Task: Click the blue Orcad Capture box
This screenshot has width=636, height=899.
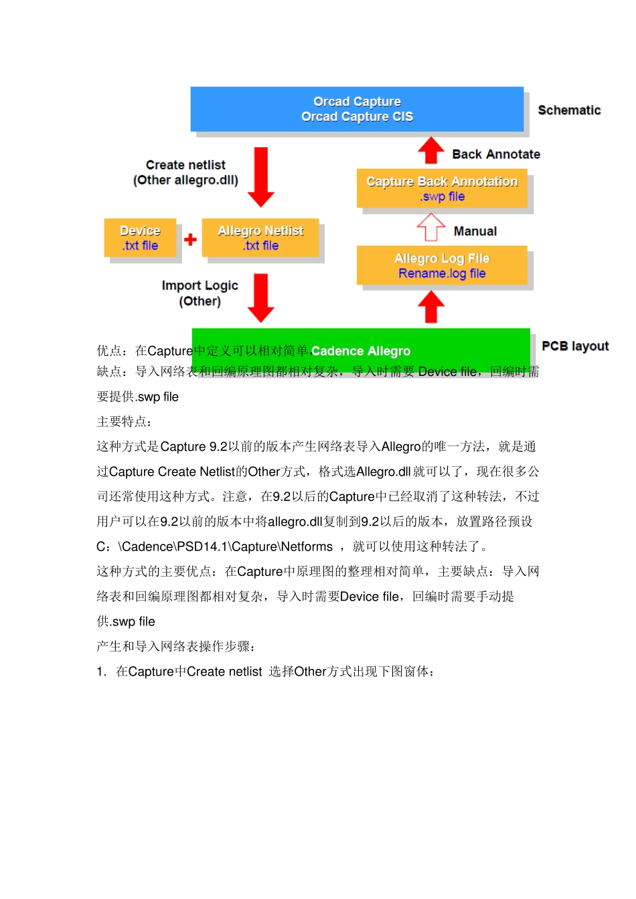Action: point(357,109)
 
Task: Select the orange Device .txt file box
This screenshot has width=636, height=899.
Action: point(140,238)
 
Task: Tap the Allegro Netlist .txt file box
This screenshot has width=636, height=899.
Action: point(260,238)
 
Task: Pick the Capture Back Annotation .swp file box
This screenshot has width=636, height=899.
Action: point(442,189)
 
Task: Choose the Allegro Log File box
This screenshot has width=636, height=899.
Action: point(442,266)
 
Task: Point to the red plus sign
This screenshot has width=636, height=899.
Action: point(190,239)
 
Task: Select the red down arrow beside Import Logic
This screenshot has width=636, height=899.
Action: point(261,298)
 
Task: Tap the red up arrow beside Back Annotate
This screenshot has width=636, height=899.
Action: point(431,151)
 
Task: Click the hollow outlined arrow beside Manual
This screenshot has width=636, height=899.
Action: point(431,227)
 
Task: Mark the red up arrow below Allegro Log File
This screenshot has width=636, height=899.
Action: point(431,308)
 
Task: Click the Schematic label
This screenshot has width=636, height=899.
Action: point(569,110)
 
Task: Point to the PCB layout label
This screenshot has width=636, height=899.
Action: point(575,346)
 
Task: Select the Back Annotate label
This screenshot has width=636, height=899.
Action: point(496,155)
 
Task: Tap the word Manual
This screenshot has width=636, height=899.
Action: point(475,231)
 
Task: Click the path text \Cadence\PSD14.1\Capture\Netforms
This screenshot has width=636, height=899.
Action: point(226,546)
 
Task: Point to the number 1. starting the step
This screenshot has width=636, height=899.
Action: point(101,672)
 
